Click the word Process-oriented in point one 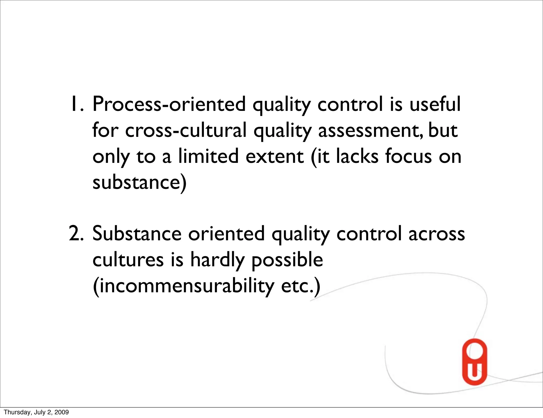(x=169, y=104)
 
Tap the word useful (x=435, y=104)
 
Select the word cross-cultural (x=186, y=130)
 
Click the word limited (x=208, y=156)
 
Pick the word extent (x=274, y=156)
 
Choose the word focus (x=409, y=156)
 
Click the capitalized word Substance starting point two (x=137, y=234)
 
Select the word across (x=436, y=234)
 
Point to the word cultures (x=128, y=260)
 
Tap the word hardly (x=217, y=260)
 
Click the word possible (x=287, y=260)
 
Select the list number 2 (x=76, y=234)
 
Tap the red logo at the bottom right (x=475, y=362)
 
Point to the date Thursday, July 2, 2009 (x=36, y=412)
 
